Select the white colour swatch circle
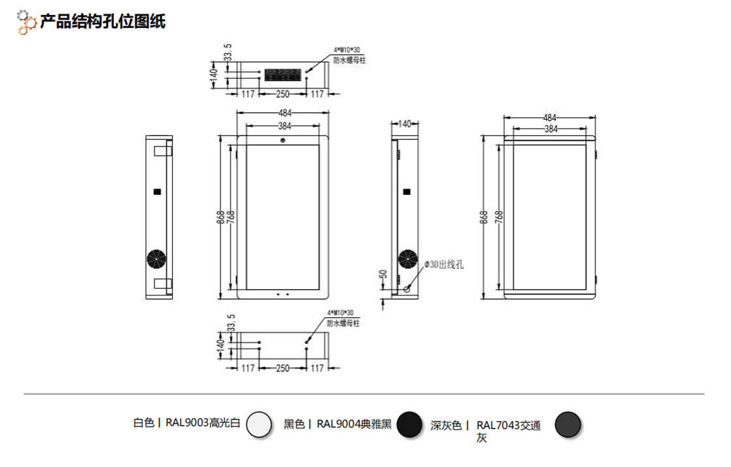259,425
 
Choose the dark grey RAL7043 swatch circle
567,425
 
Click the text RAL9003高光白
203,423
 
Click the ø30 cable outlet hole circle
408,289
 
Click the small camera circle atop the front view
283,140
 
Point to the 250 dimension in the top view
283,94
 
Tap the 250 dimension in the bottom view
283,369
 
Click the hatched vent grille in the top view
283,74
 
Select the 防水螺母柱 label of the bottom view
343,322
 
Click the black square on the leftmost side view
156,191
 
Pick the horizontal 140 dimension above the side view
405,124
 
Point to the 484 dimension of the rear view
551,118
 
